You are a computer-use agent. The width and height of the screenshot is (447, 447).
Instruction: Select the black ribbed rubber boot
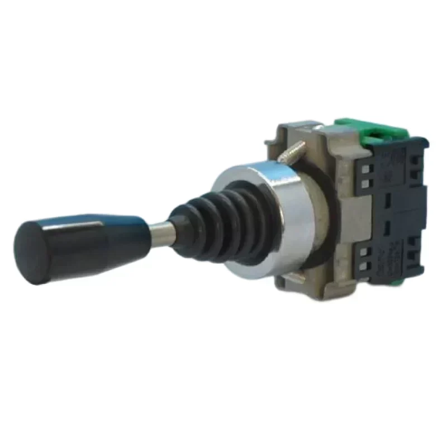[223, 223]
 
